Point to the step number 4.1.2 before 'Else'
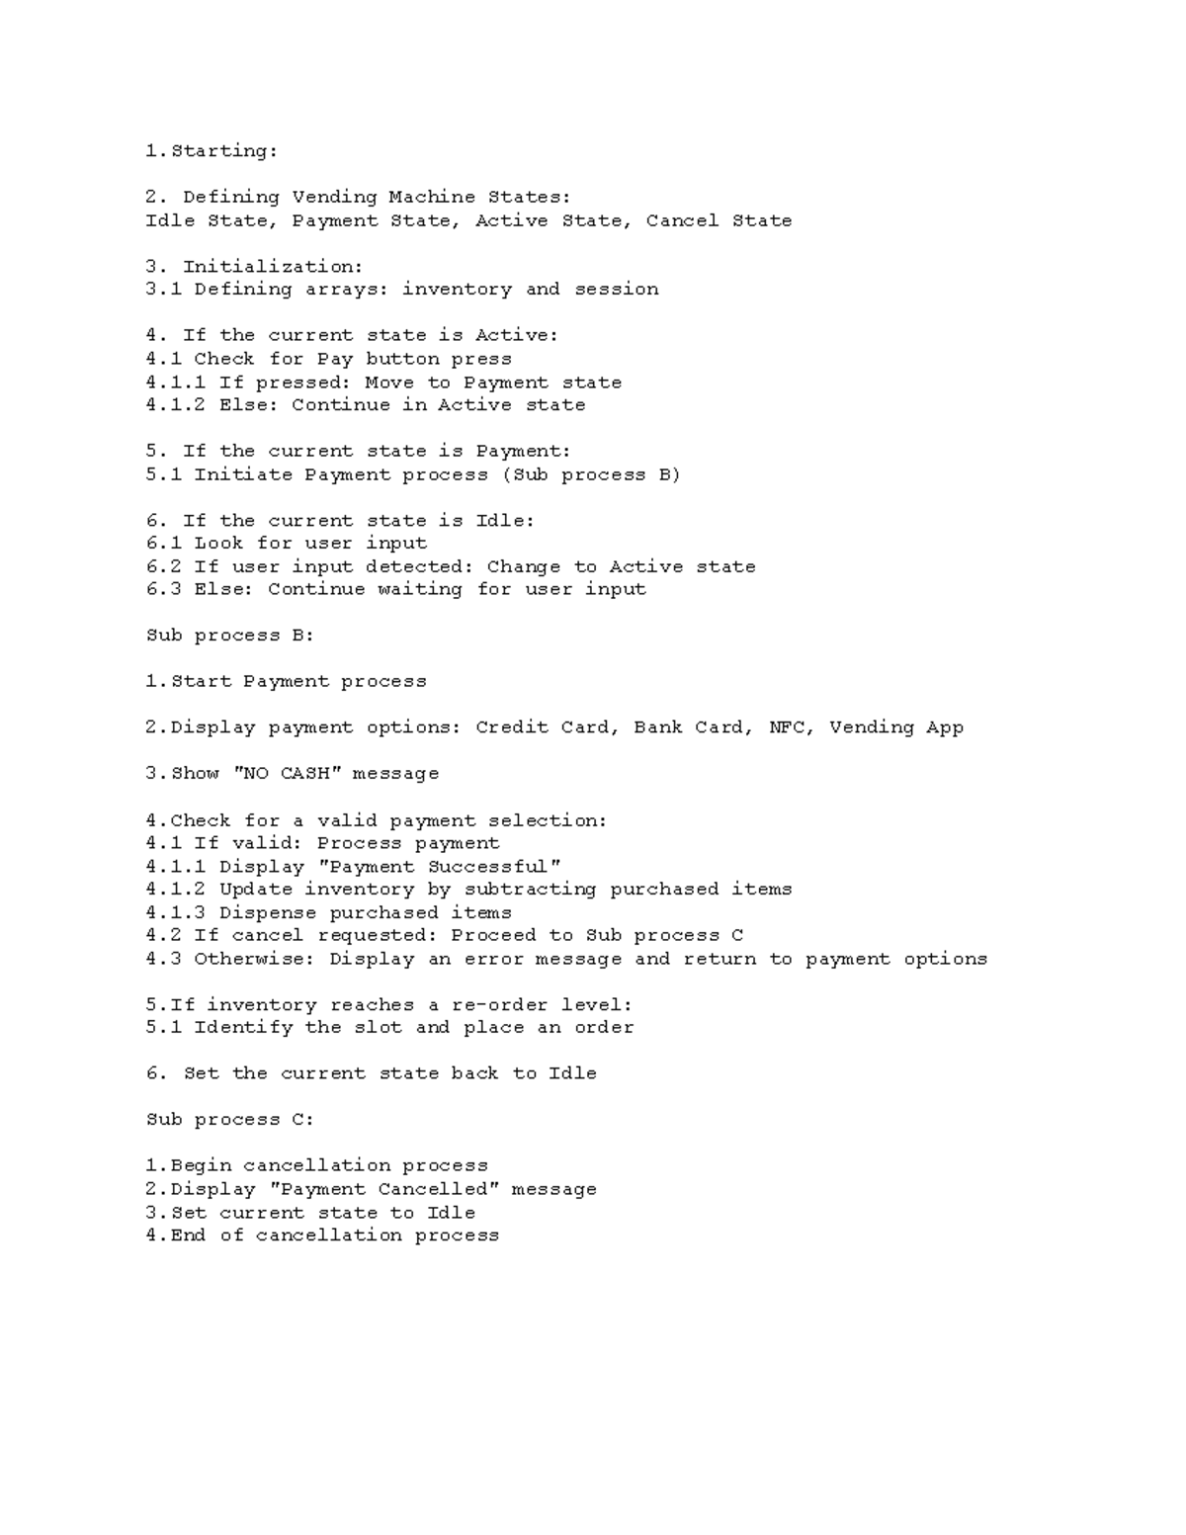coord(175,405)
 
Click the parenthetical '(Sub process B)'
coord(591,474)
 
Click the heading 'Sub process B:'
coord(229,636)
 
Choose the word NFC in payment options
coord(787,727)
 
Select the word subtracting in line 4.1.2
coord(530,890)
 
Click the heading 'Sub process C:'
coord(229,1120)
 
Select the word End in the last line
coord(188,1236)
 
